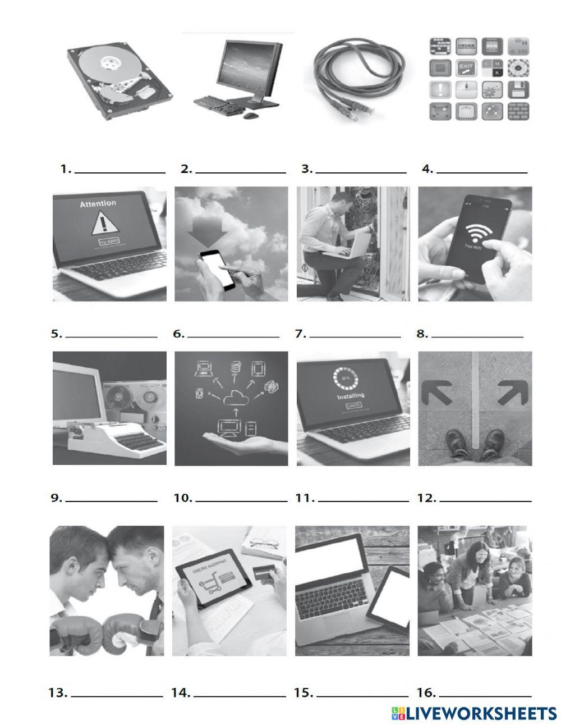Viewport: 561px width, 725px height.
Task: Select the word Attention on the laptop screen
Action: [98, 204]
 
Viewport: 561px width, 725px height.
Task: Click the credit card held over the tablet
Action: [263, 573]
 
